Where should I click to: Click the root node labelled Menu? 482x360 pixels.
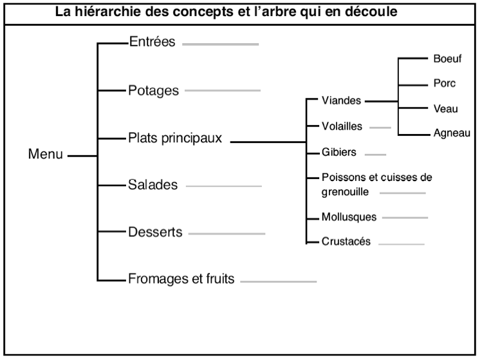46,154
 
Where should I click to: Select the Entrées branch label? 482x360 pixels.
152,41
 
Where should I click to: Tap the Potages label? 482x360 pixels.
153,91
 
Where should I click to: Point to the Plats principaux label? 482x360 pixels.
175,138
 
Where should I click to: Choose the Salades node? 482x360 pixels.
153,185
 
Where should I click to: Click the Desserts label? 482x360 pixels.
155,232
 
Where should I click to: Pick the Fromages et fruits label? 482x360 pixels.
181,279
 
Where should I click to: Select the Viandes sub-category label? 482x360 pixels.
341,100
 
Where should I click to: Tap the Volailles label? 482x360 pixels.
342,126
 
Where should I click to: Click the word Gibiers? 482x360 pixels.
338,152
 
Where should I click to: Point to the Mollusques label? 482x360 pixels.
349,217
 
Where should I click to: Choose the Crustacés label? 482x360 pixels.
346,242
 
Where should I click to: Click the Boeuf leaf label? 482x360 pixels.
448,59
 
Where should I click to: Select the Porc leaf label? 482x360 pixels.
445,83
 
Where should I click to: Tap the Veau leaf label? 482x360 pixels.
446,109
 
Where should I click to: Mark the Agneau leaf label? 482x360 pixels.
452,133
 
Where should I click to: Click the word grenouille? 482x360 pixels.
345,193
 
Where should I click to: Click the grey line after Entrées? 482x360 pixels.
220,44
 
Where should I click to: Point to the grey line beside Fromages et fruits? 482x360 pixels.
279,281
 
